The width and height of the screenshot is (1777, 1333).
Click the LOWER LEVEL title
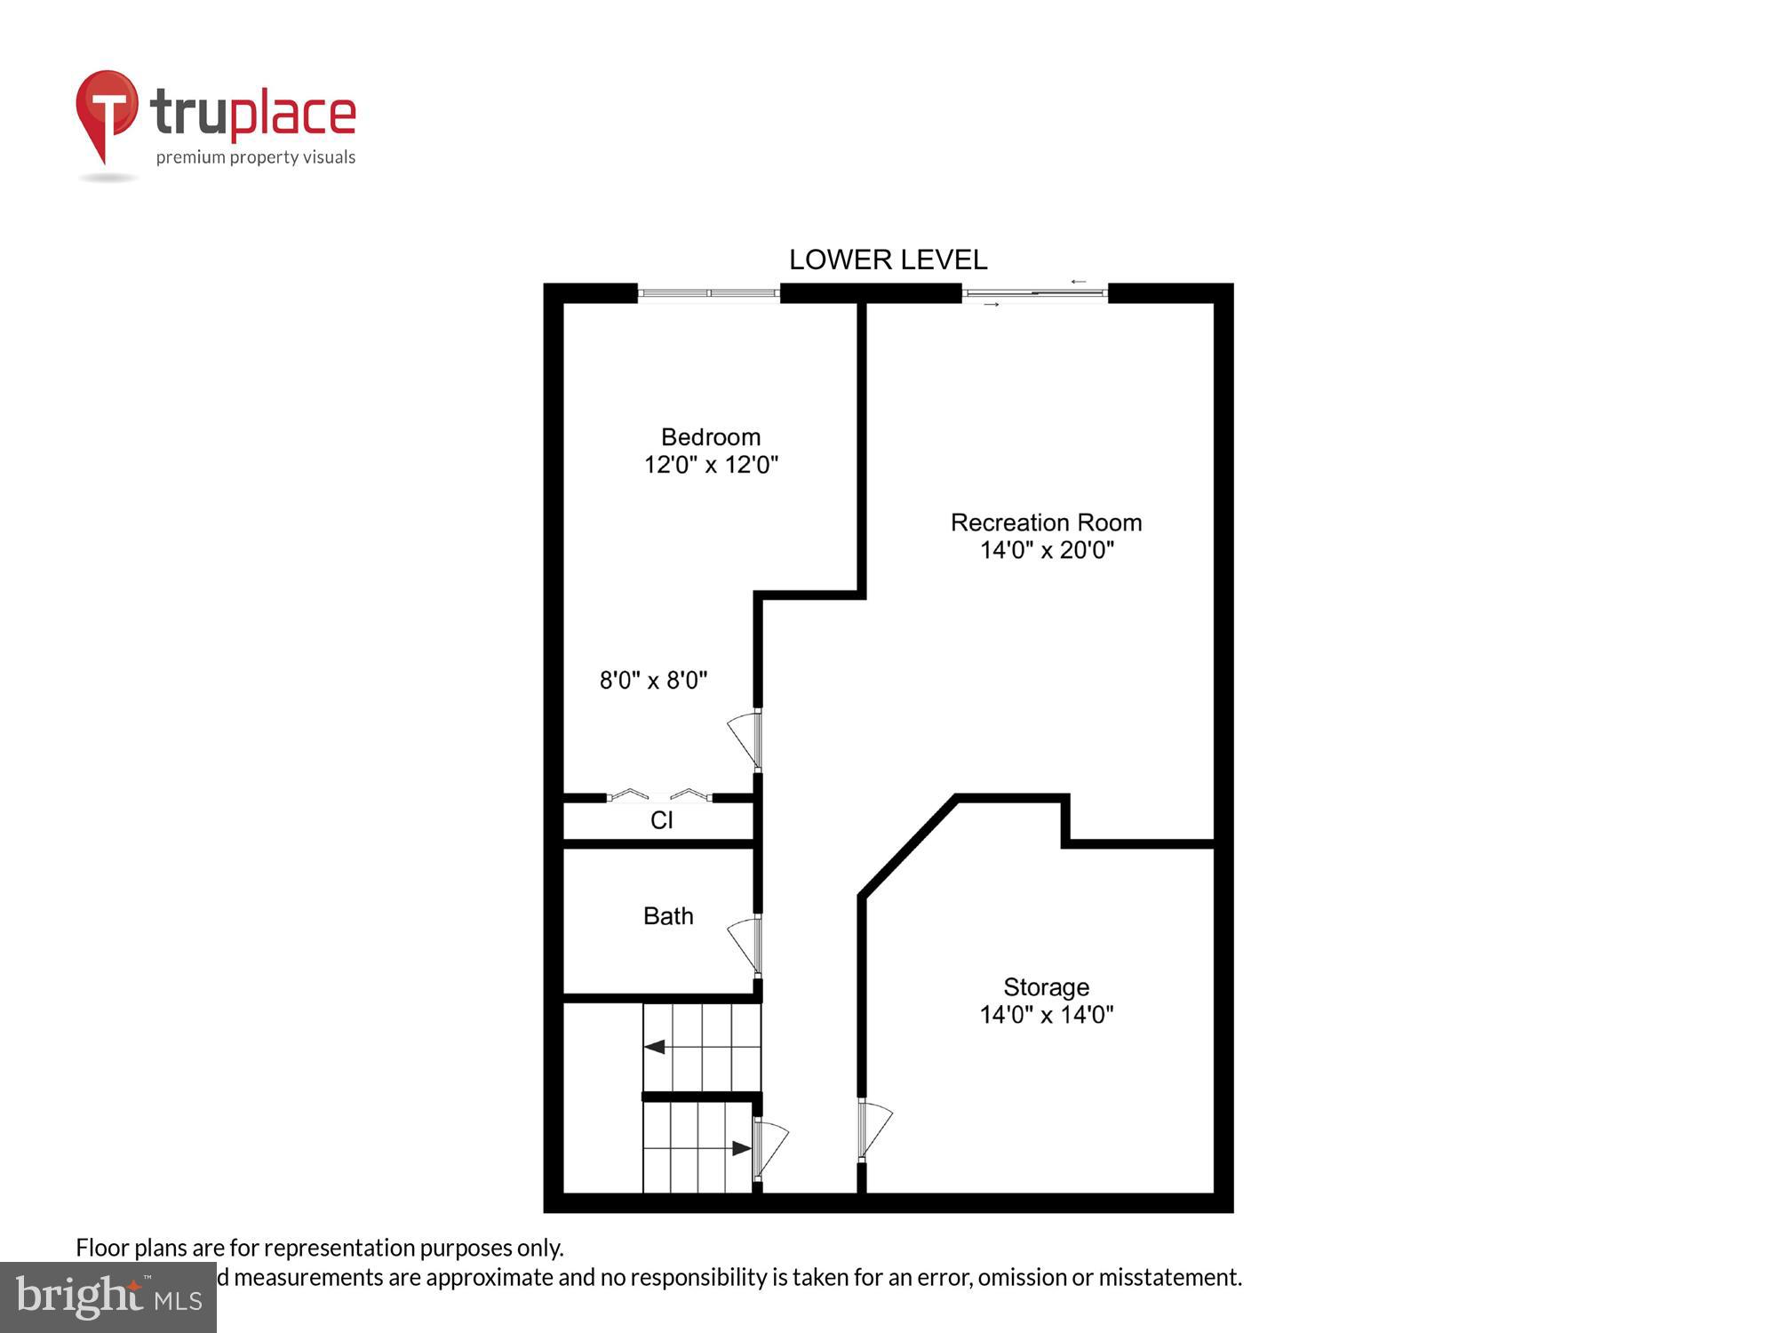(888, 259)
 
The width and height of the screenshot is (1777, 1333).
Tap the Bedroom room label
(710, 437)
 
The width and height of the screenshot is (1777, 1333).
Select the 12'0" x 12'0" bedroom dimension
(710, 465)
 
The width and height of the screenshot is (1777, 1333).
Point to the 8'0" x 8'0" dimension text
(653, 681)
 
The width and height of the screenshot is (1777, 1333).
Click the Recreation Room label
(1046, 523)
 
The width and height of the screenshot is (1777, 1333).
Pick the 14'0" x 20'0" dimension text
(1046, 550)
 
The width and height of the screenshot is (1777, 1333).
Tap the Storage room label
(1046, 987)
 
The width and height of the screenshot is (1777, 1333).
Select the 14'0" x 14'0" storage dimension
(1046, 1015)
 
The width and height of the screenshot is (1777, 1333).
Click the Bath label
(667, 916)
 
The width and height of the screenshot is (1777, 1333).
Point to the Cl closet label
(661, 820)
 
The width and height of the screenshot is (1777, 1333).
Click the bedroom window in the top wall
(709, 293)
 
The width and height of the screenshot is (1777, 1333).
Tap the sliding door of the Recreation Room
(1035, 293)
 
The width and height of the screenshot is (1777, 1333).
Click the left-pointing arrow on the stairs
(655, 1047)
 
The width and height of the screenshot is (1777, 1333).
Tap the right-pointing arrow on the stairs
(741, 1148)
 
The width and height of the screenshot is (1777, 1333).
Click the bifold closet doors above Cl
(659, 795)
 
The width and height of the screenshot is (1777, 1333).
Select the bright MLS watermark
(108, 1297)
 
